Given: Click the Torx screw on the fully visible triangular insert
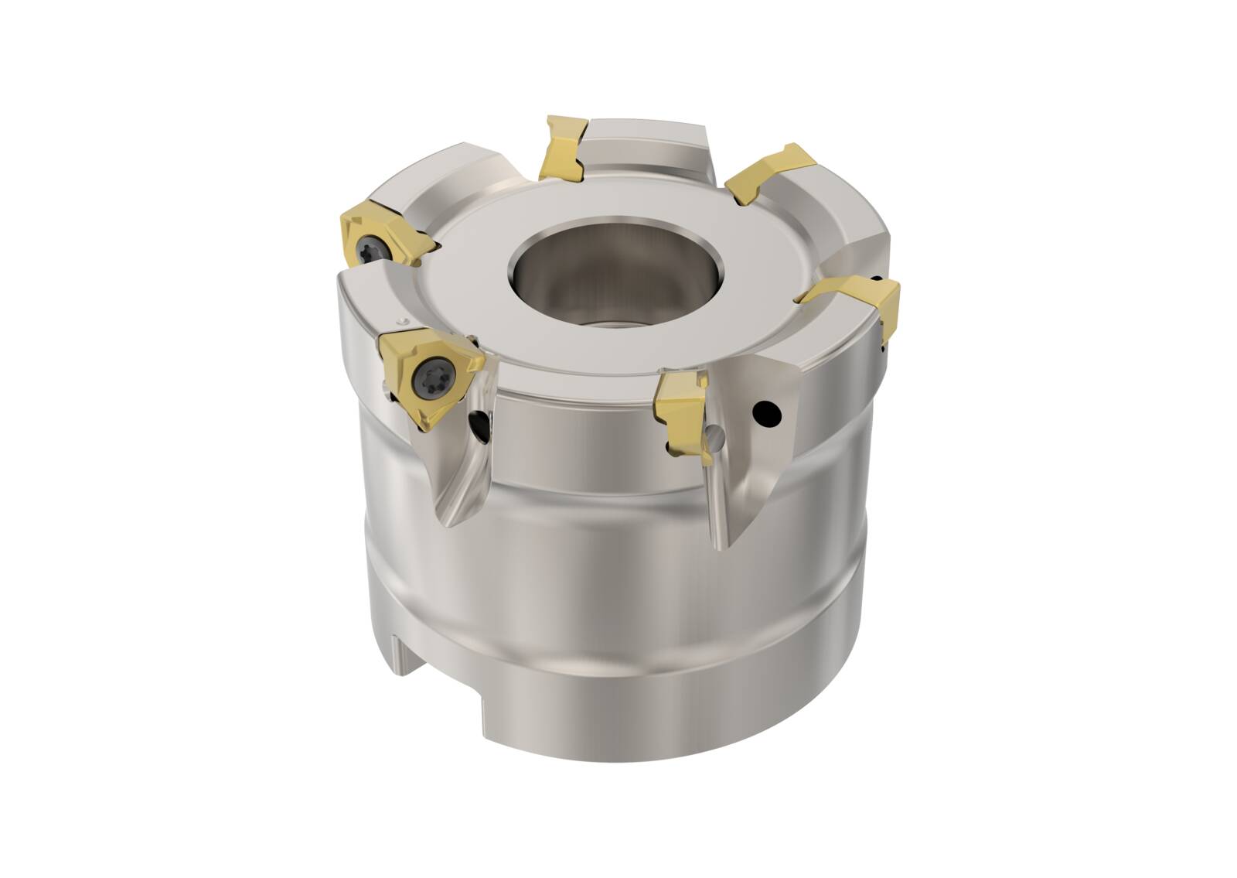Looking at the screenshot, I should pos(430,378).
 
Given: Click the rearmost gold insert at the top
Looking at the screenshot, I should pos(563,147).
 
